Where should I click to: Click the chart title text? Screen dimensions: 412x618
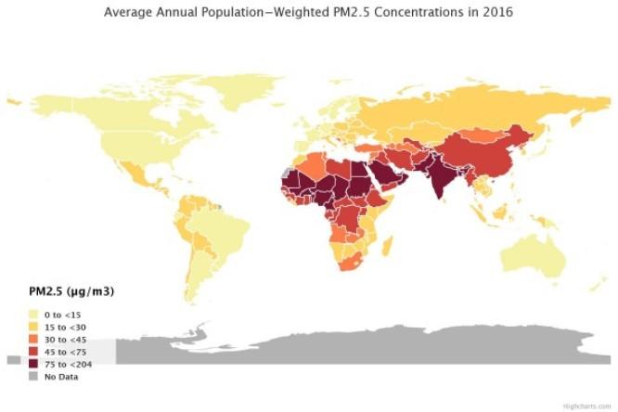pyautogui.click(x=309, y=12)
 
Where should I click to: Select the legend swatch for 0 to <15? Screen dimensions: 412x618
pyautogui.click(x=33, y=315)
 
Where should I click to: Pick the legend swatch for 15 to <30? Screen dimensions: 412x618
pyautogui.click(x=33, y=328)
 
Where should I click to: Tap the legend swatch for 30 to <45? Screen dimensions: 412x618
pyautogui.click(x=33, y=340)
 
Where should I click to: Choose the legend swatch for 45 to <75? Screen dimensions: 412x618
pyautogui.click(x=33, y=352)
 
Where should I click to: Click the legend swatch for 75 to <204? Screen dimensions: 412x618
pyautogui.click(x=33, y=364)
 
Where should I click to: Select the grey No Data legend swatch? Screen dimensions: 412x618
pyautogui.click(x=33, y=376)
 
